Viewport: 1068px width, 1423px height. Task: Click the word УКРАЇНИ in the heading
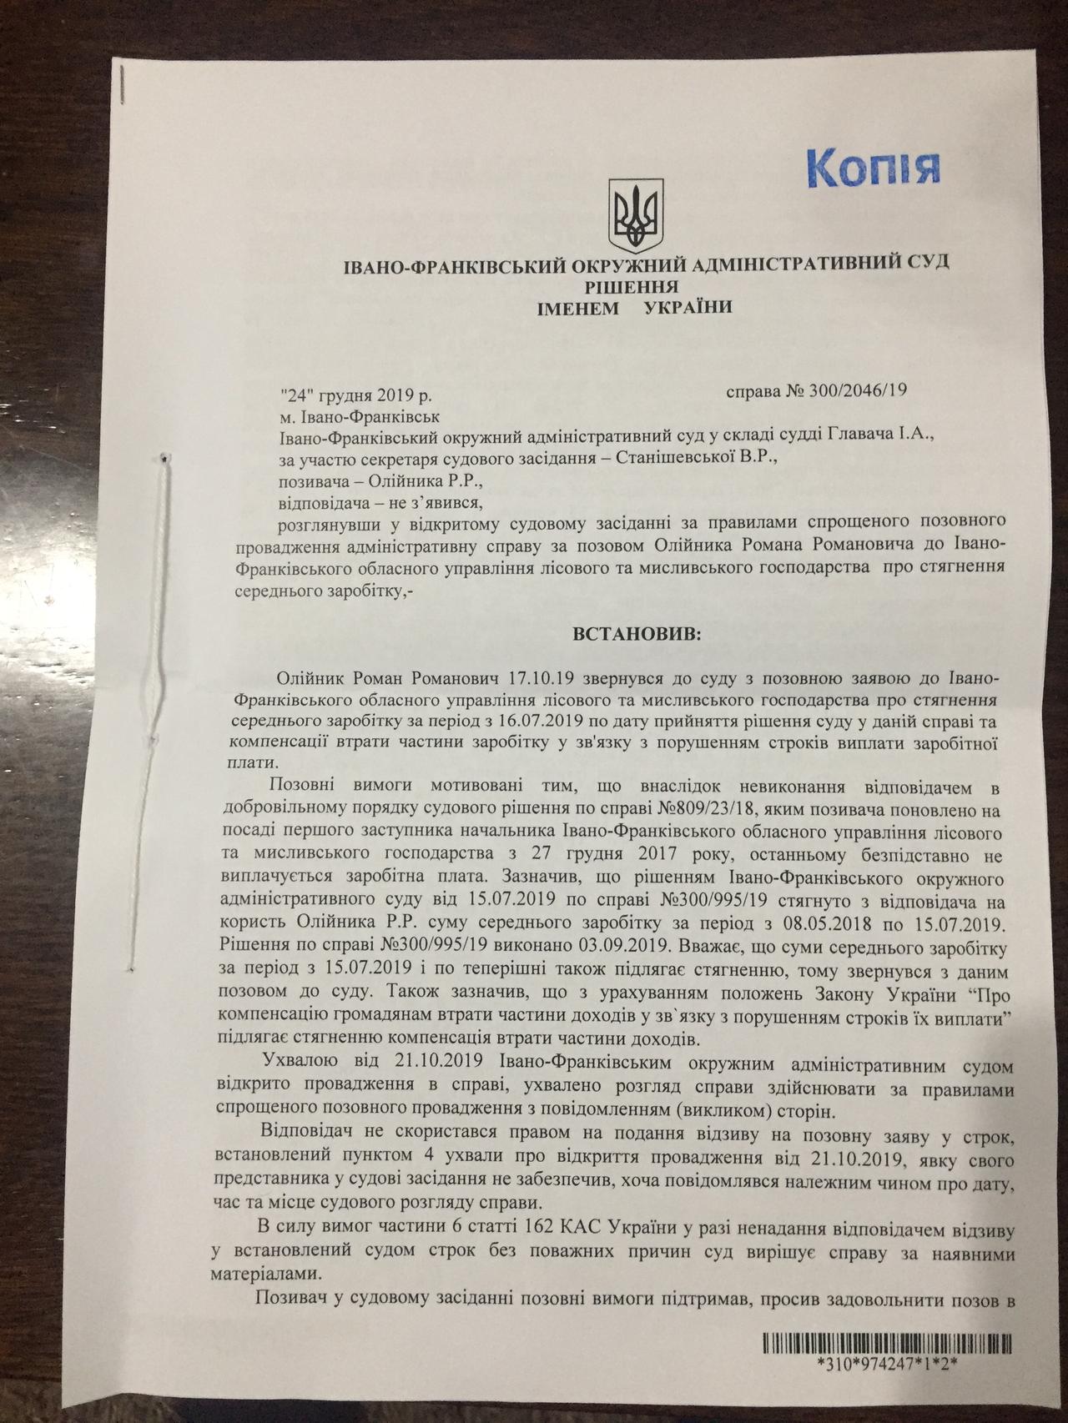(x=689, y=307)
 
